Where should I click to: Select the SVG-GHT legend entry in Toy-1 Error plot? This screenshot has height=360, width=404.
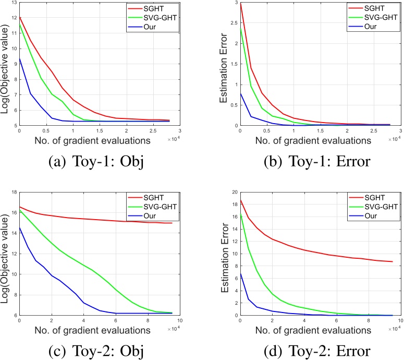376,17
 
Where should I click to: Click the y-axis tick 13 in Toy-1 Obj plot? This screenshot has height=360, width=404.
14,4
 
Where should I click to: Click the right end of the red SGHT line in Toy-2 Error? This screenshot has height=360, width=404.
392,262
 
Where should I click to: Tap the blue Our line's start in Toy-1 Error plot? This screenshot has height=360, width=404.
240,93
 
